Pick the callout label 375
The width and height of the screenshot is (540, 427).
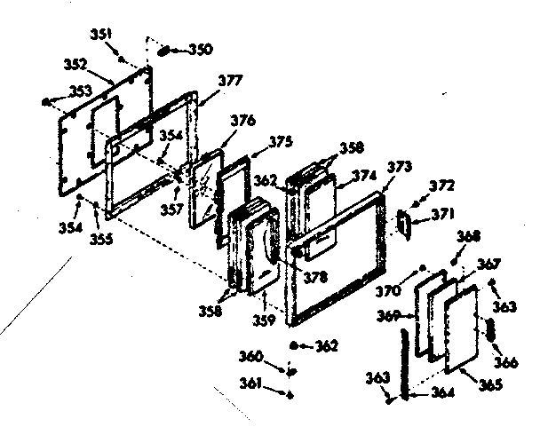(280, 139)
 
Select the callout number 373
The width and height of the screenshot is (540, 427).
(400, 167)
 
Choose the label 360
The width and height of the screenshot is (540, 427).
(252, 356)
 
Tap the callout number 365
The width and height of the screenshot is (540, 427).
(489, 384)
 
